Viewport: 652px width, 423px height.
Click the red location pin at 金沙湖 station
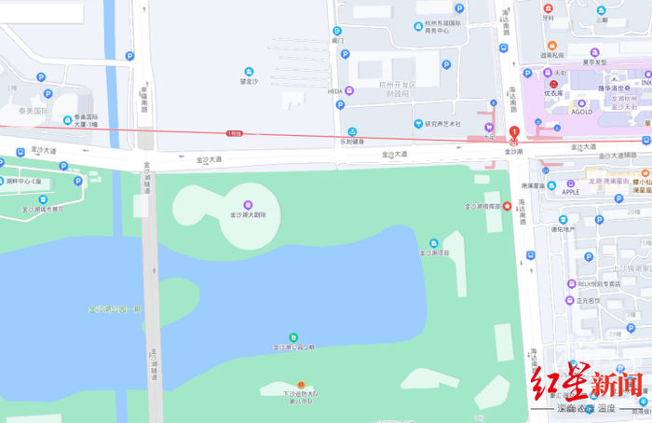click(x=513, y=132)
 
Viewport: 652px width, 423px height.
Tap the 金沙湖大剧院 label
click(x=248, y=215)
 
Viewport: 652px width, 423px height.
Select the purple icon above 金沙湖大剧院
click(x=248, y=204)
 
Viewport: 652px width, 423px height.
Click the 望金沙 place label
click(x=249, y=82)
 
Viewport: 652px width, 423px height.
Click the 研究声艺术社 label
click(x=443, y=123)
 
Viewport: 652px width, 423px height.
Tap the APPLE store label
click(x=571, y=192)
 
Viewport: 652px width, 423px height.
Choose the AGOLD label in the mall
click(x=581, y=112)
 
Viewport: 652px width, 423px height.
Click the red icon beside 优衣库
click(x=554, y=84)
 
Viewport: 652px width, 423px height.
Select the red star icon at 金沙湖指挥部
click(x=506, y=207)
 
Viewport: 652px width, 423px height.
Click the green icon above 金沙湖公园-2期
click(x=293, y=336)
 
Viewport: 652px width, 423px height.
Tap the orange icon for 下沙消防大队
click(x=300, y=385)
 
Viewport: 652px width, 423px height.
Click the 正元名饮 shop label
click(x=589, y=301)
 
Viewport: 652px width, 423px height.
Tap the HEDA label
click(x=335, y=91)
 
